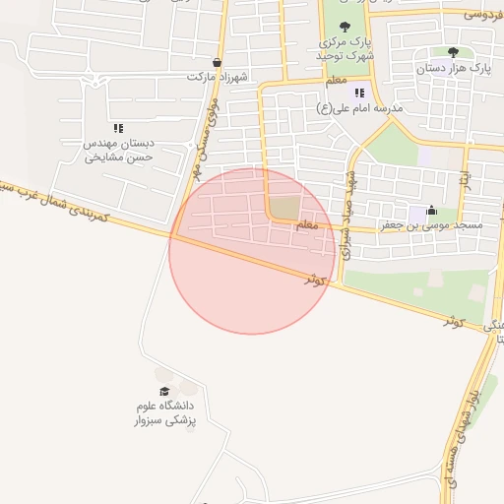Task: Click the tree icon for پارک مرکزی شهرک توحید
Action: (344, 28)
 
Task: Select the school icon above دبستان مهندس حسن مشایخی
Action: (118, 127)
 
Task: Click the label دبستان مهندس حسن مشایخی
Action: (118, 149)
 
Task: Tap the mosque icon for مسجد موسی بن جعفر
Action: (431, 210)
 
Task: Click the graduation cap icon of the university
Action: (163, 391)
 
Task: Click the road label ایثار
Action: (465, 182)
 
